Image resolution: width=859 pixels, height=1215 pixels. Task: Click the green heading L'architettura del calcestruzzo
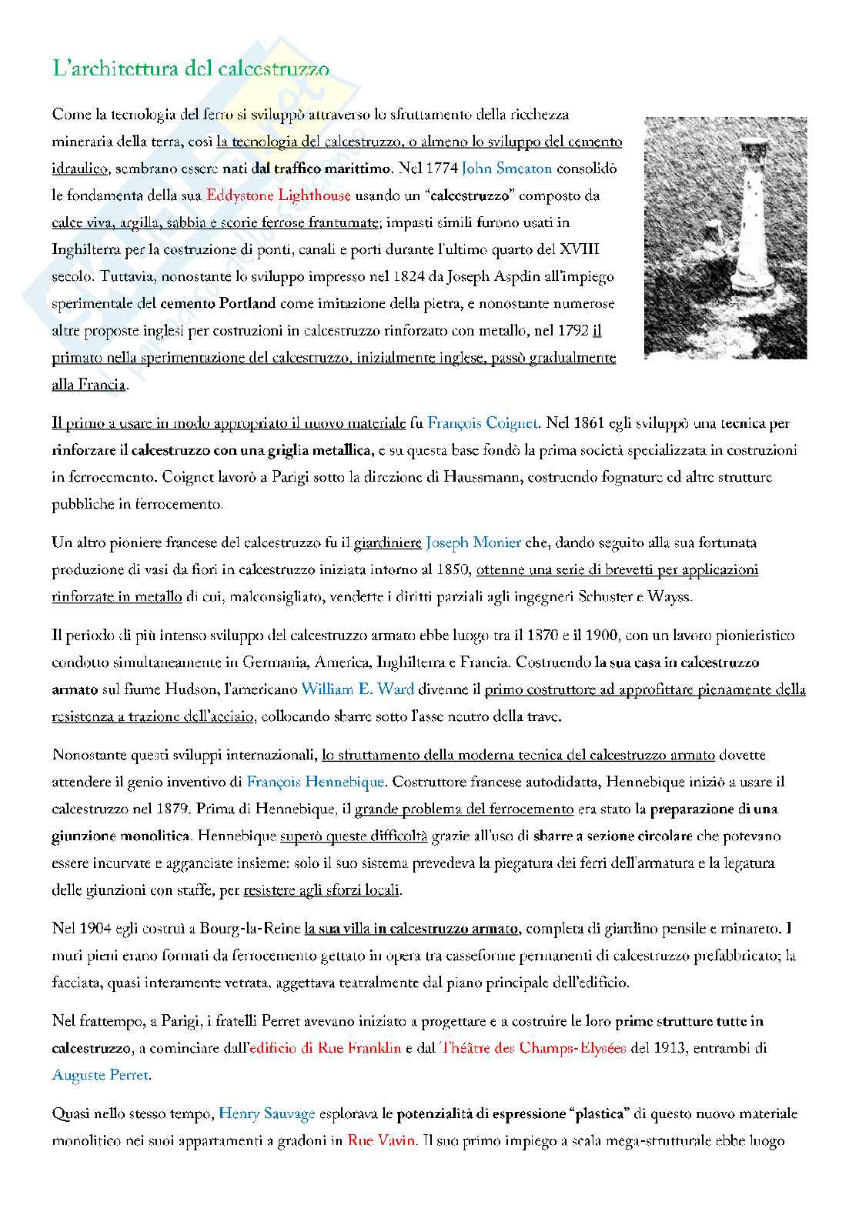[x=191, y=68]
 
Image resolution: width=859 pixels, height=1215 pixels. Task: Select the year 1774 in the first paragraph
[x=438, y=169]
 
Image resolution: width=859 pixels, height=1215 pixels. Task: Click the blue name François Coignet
[x=484, y=423]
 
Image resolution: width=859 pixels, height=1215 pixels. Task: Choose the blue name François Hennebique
[x=315, y=783]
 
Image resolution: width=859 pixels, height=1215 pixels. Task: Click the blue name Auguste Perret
[x=100, y=1075]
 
